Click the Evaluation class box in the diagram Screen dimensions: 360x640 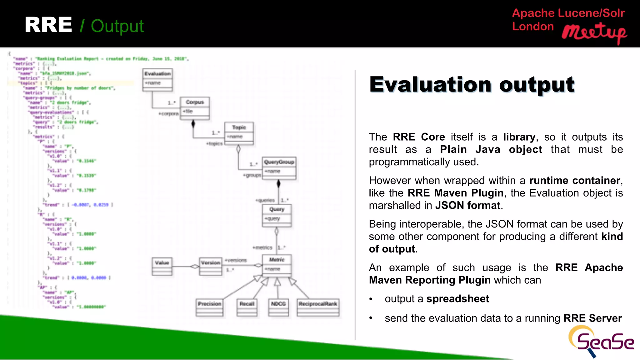pyautogui.click(x=157, y=80)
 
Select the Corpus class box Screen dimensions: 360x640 pyautogui.click(x=195, y=108)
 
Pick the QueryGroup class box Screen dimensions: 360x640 pyautogui.click(x=279, y=168)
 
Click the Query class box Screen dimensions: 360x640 pyautogui.click(x=277, y=215)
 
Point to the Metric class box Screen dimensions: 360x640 pyautogui.click(x=277, y=266)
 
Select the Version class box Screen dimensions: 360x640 pyautogui.click(x=211, y=266)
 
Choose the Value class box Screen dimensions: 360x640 pyautogui.click(x=162, y=266)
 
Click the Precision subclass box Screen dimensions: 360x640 pyautogui.click(x=209, y=307)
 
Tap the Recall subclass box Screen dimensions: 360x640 pyautogui.click(x=247, y=307)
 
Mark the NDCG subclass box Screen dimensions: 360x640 pyautogui.click(x=278, y=307)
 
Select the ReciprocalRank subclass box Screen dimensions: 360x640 pyautogui.click(x=318, y=307)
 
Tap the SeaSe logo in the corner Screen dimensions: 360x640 pyautogui.click(x=600, y=342)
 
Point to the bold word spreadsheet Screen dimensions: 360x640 pyautogui.click(x=457, y=299)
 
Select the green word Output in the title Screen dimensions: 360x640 pyautogui.click(x=117, y=26)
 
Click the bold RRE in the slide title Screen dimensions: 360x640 pyautogui.click(x=48, y=25)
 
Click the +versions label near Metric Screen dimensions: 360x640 pyautogui.click(x=236, y=260)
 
